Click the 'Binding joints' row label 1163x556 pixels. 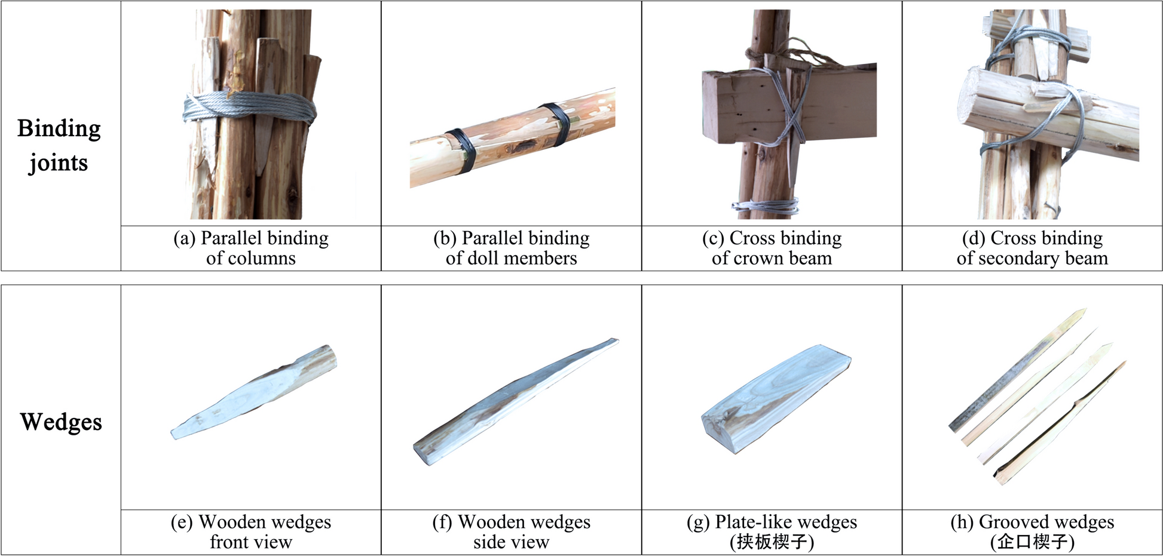(x=59, y=145)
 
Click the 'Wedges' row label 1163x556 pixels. (x=61, y=422)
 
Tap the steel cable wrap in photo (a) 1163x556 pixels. (x=250, y=109)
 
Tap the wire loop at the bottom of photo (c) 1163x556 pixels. (x=765, y=207)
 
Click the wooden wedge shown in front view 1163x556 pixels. (x=254, y=392)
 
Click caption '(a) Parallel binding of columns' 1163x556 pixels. (x=251, y=248)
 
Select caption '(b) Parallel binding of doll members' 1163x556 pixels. (x=512, y=248)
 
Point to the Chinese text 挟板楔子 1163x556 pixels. (x=772, y=542)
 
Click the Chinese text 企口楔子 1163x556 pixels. (x=1032, y=542)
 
